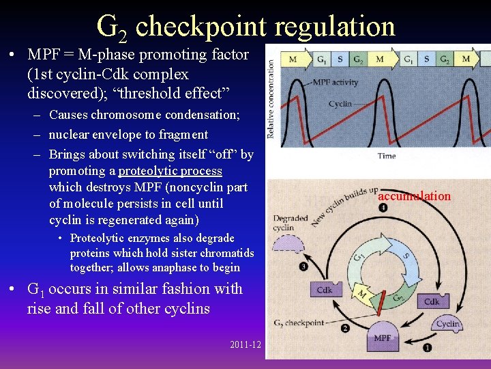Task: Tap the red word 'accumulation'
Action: (414, 196)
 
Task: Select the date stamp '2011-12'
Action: (245, 344)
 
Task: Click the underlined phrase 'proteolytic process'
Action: (170, 170)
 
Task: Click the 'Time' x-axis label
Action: (386, 156)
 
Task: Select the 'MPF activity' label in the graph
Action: (336, 83)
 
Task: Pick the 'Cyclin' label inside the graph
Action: (340, 104)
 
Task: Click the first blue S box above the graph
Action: (340, 59)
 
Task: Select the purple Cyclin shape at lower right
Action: (447, 324)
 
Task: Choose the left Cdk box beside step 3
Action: (325, 290)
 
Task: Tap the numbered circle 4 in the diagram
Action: (383, 208)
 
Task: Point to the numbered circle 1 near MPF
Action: (427, 347)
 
